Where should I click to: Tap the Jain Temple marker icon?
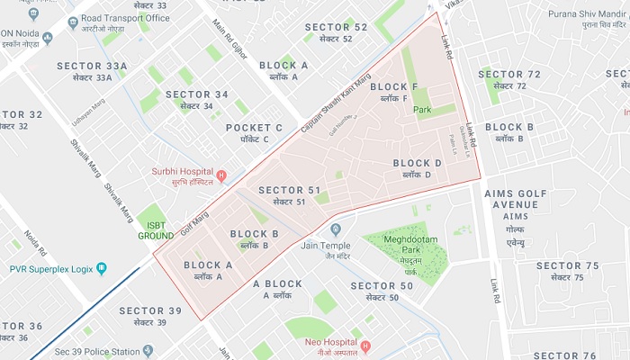click(x=336, y=229)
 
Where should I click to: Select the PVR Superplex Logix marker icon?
click(x=101, y=268)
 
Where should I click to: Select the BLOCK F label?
click(x=400, y=91)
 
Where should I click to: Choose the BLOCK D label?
click(x=418, y=168)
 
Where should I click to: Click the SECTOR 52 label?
click(x=336, y=32)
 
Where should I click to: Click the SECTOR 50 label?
click(x=382, y=291)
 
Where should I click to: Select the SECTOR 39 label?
click(x=150, y=316)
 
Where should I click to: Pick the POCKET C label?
click(x=254, y=133)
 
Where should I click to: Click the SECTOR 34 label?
click(x=196, y=99)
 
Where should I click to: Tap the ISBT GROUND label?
click(x=155, y=230)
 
